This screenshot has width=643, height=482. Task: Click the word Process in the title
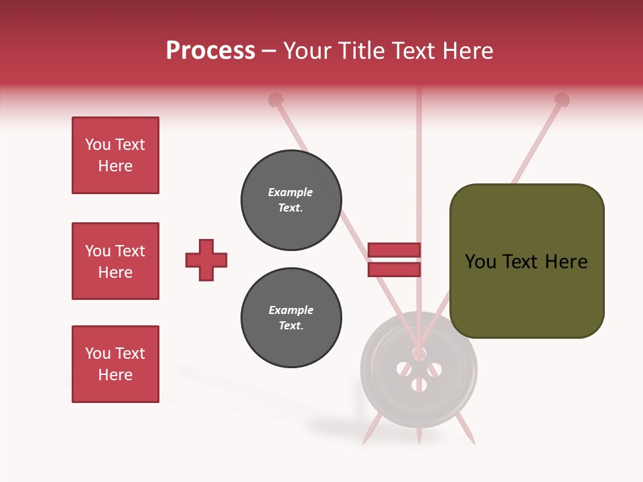210,51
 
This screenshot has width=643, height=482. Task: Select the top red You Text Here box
115,155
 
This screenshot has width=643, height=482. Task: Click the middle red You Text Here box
115,261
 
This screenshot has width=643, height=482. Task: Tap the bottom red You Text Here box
115,364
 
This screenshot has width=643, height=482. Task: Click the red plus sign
206,260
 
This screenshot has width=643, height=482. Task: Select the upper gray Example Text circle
291,200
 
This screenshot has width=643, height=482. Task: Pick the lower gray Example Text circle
291,318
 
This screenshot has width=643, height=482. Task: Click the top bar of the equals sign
394,250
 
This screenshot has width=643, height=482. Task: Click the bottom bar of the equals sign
394,269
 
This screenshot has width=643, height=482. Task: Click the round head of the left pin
275,100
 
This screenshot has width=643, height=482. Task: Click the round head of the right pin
562,100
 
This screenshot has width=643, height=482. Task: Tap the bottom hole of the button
419,385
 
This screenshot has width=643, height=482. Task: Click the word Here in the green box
566,262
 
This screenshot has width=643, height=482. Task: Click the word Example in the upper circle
291,192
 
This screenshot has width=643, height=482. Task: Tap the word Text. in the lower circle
291,326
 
